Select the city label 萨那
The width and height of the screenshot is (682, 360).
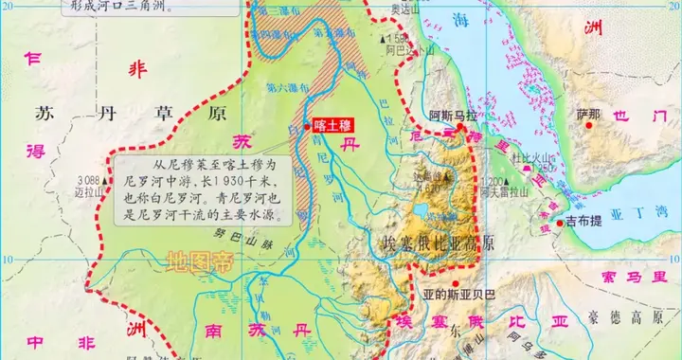(x=587, y=116)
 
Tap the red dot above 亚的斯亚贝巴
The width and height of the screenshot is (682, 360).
(x=456, y=283)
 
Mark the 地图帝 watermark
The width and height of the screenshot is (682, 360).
(x=196, y=261)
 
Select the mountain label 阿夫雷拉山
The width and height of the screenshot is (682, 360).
(x=503, y=191)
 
